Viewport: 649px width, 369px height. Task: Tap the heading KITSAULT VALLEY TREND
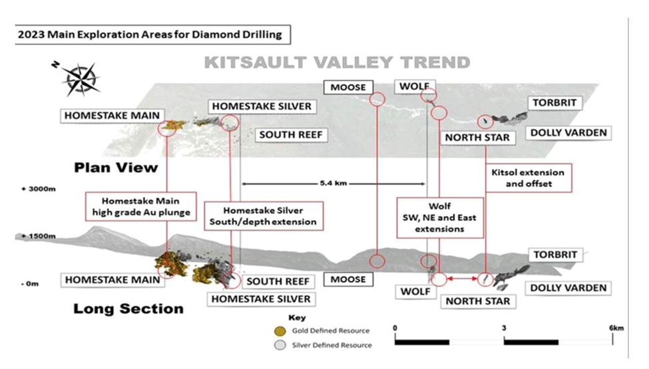click(337, 63)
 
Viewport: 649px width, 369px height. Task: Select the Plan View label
click(116, 166)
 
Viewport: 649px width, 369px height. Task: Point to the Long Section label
click(128, 308)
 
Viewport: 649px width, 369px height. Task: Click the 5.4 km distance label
click(333, 183)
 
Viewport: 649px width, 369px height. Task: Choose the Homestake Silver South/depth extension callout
click(260, 214)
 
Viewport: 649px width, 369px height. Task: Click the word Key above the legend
click(296, 318)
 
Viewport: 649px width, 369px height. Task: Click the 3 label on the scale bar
click(504, 328)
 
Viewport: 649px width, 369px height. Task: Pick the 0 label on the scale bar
click(395, 328)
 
